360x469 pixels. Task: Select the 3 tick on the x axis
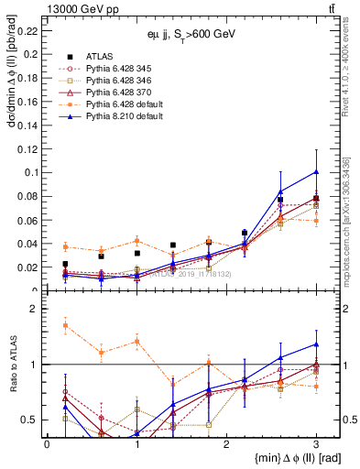point(316,444)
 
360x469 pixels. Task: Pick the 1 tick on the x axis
point(136,444)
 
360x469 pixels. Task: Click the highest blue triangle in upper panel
point(316,171)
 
